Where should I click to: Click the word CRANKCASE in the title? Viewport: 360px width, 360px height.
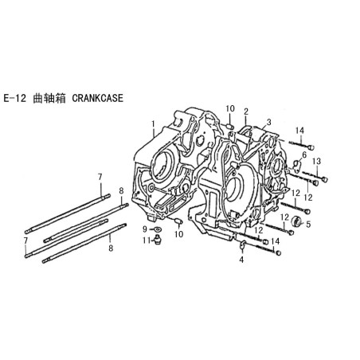(98, 98)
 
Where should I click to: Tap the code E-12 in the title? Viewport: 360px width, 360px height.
(15, 98)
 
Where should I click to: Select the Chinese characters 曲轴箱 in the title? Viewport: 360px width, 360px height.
(49, 98)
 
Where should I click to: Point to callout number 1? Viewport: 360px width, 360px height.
(153, 124)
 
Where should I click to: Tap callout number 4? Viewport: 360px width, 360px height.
(241, 260)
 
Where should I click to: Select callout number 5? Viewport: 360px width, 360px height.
(308, 225)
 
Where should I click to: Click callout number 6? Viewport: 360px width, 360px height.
(304, 155)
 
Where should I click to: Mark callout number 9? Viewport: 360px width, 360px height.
(145, 229)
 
